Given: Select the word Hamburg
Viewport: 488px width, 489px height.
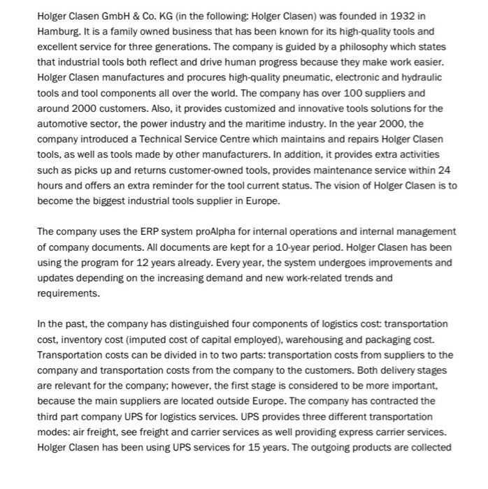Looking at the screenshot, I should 59,31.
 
